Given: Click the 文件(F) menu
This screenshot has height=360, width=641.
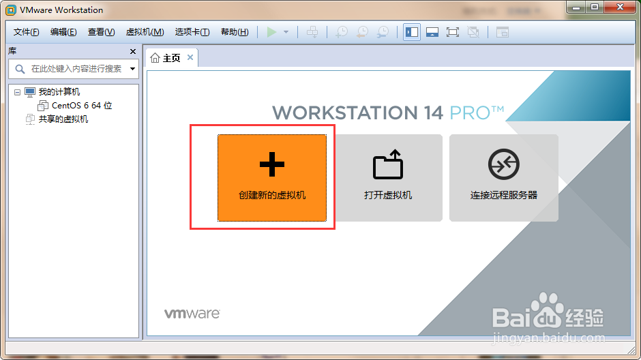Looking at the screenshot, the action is click(26, 32).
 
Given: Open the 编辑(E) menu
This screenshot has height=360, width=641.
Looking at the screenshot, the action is click(63, 32).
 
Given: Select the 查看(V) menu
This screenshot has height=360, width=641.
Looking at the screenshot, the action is click(101, 32).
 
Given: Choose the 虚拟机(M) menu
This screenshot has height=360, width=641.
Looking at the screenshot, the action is click(145, 32).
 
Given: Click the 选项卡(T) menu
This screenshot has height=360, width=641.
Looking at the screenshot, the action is click(192, 32).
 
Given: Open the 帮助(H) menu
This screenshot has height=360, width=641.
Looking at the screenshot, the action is click(235, 32).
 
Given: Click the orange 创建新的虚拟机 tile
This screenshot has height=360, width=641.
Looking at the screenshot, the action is click(272, 178).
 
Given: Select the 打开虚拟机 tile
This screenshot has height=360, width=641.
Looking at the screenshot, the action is click(388, 178).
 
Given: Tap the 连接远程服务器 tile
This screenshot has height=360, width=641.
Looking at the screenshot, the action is click(504, 178).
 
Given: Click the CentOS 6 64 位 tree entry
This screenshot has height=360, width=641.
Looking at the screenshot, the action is click(75, 106).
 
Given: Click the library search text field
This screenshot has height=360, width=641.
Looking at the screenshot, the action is click(76, 69).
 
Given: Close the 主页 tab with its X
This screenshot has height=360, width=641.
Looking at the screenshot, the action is click(190, 57).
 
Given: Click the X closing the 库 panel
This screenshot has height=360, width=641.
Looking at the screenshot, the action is click(133, 52).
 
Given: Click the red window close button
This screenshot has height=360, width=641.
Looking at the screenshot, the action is click(620, 7).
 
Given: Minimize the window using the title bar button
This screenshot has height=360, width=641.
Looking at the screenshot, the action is click(576, 7).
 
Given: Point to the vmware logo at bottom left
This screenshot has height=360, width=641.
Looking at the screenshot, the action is click(192, 314).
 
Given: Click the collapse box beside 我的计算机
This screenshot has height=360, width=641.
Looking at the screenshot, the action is click(17, 92).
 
